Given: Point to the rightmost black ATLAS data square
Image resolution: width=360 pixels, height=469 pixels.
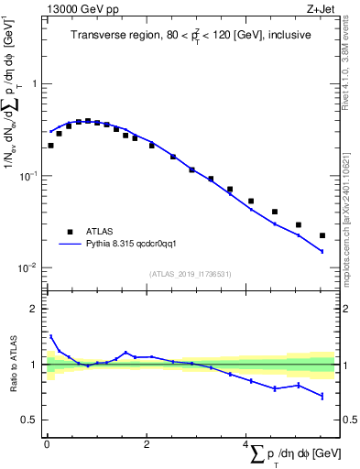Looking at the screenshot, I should click(x=322, y=235).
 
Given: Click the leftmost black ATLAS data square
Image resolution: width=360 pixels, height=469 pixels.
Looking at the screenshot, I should click(x=50, y=145).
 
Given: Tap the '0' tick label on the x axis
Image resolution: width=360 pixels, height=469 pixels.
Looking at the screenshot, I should click(x=46, y=445).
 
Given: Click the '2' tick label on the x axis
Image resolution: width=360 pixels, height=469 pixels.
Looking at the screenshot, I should click(x=146, y=445).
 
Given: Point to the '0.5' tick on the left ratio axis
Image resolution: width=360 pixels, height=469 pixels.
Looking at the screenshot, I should click(x=27, y=420).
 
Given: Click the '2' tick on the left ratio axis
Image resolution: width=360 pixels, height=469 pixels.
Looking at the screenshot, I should click(x=33, y=309).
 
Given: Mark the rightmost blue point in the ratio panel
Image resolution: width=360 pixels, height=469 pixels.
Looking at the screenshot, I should click(x=322, y=396).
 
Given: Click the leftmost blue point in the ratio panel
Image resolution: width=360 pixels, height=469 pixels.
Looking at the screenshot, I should click(x=50, y=336).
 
